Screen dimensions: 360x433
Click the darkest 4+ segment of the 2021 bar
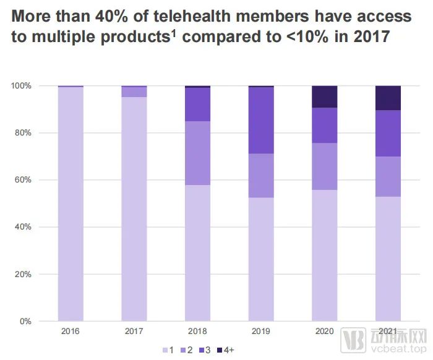coord(388,98)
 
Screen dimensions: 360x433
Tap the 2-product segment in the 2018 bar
coord(197,153)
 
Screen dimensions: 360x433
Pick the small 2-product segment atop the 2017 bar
coord(134,92)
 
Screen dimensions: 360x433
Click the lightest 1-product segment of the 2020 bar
coord(325,255)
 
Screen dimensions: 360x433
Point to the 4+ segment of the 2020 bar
coord(325,96)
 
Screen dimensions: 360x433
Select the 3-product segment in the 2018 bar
coord(197,105)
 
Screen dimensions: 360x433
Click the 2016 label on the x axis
coord(71,332)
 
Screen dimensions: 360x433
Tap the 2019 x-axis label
coord(261,332)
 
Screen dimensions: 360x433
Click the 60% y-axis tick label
coord(23,180)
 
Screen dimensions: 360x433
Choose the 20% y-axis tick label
coord(23,274)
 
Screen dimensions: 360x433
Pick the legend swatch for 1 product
coord(166,350)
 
